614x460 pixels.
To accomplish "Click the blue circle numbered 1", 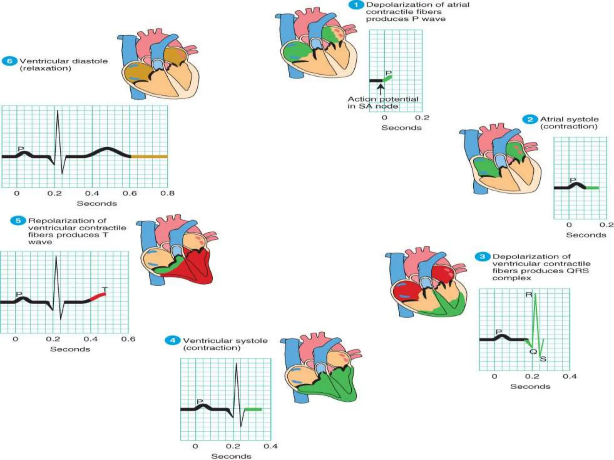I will pos(356,5).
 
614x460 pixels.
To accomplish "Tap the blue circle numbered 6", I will pos(10,61).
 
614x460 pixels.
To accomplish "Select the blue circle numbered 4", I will pos(172,341).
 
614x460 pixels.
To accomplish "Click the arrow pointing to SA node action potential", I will pos(380,89).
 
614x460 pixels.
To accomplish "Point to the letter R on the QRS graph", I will pos(529,295).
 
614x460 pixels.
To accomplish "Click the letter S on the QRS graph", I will pos(543,358).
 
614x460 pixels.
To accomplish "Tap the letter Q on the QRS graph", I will pos(533,351).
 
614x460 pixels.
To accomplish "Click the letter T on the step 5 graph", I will pos(104,289).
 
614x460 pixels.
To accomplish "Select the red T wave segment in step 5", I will pos(98,296).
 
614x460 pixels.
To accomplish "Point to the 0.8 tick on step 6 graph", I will pos(167,193).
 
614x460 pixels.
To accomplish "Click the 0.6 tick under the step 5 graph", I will pos(128,339).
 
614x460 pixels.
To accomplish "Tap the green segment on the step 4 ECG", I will pos(253,409).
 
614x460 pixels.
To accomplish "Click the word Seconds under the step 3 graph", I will pos(530,386).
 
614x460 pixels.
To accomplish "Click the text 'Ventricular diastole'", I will pos(64,61).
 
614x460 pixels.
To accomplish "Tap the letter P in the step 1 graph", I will pos(389,73).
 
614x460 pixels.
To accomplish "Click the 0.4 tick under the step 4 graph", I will pos(270,446).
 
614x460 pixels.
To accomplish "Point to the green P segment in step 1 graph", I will pos(387,79).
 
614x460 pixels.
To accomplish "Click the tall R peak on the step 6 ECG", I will pos(58,112).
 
